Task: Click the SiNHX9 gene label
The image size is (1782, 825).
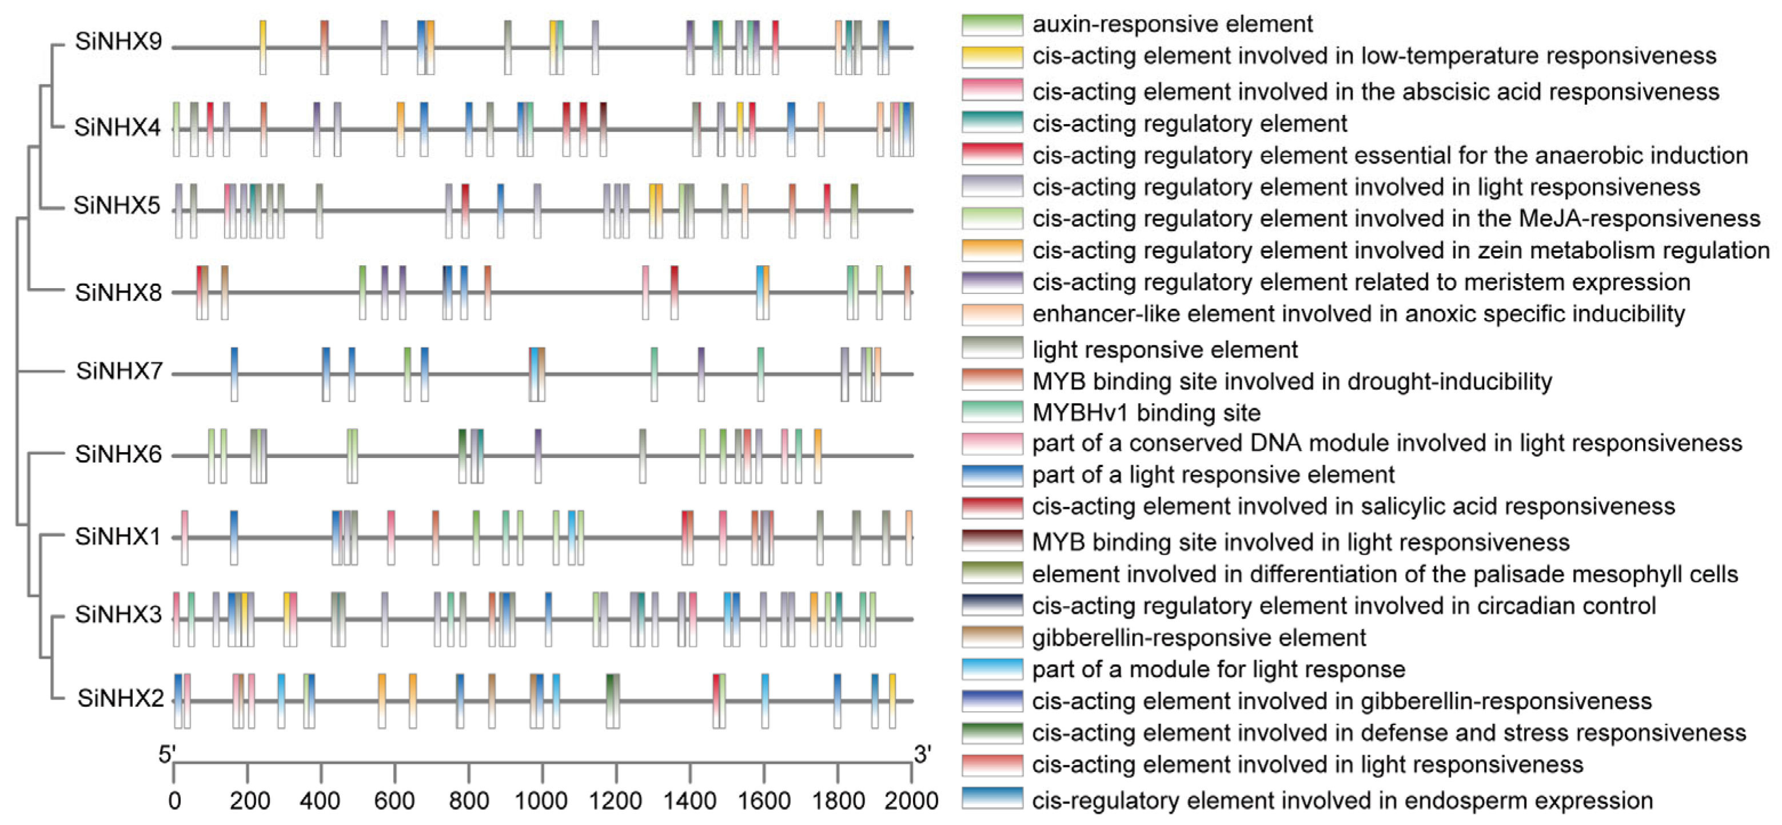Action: (x=118, y=42)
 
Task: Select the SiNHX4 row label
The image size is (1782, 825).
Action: (x=118, y=127)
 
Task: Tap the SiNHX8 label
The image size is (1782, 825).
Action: (x=118, y=293)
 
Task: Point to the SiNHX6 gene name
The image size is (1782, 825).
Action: (x=118, y=455)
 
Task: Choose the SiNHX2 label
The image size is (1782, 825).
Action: (x=121, y=699)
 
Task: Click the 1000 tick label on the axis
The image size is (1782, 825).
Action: (x=541, y=802)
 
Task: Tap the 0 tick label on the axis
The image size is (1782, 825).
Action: (x=174, y=802)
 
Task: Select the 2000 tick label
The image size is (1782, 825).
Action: (x=911, y=802)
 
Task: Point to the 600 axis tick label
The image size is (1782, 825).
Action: (x=394, y=802)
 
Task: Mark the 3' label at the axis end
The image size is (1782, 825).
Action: (x=923, y=753)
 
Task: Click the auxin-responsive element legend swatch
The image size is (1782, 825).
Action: (x=992, y=24)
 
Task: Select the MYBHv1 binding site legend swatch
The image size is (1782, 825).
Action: (x=992, y=412)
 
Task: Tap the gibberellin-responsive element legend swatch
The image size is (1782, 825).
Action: (x=992, y=637)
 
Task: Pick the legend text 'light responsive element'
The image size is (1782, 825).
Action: (x=1165, y=350)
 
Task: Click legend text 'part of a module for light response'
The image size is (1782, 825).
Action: (x=1218, y=669)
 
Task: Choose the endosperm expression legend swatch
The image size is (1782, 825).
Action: (x=992, y=799)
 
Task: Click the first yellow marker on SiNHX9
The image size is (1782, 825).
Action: (x=263, y=47)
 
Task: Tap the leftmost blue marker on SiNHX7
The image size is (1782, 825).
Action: (x=234, y=373)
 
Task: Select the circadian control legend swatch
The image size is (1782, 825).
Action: (x=992, y=605)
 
